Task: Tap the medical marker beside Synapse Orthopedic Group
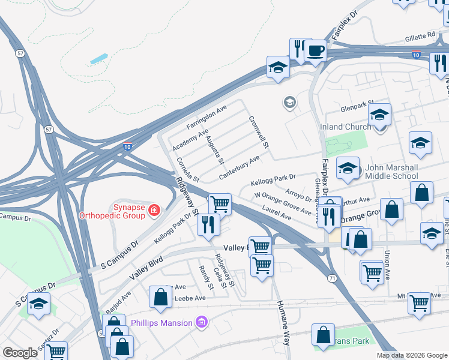pos(154,210)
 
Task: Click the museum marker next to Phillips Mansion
pos(201,323)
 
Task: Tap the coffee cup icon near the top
pos(316,50)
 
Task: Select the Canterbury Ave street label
pos(240,167)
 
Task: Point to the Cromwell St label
pos(259,131)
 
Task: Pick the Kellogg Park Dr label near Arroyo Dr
pos(274,179)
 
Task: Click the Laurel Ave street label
pos(277,212)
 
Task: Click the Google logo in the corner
pos(20,353)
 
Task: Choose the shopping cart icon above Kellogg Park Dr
pos(220,204)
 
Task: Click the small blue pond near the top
pos(99,59)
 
